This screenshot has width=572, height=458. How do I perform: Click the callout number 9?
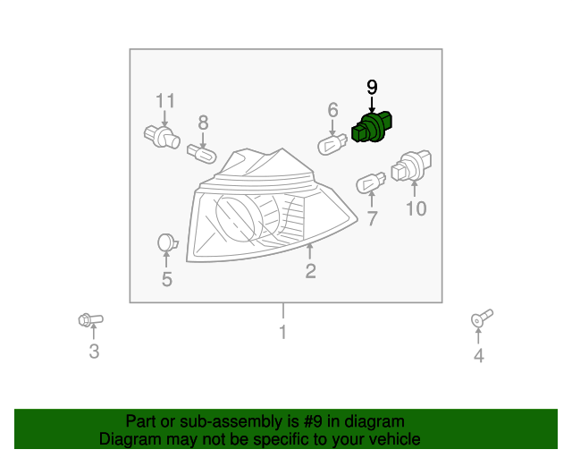point(372,87)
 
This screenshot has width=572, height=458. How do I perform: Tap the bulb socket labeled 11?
point(162,138)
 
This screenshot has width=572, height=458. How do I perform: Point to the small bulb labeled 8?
point(201,155)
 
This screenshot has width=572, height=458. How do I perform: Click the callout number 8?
point(203,123)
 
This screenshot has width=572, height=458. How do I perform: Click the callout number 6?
point(332,110)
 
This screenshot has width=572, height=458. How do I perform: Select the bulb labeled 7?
point(369,183)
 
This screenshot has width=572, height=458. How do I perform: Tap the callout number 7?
point(373,217)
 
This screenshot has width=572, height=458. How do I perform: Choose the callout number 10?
point(416,209)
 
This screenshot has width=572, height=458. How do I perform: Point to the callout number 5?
point(167,280)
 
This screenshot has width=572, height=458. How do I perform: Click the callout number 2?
point(310,271)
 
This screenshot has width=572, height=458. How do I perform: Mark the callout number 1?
point(282,334)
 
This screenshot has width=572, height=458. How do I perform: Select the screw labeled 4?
point(481,318)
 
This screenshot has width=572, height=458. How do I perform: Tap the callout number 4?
point(478,357)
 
